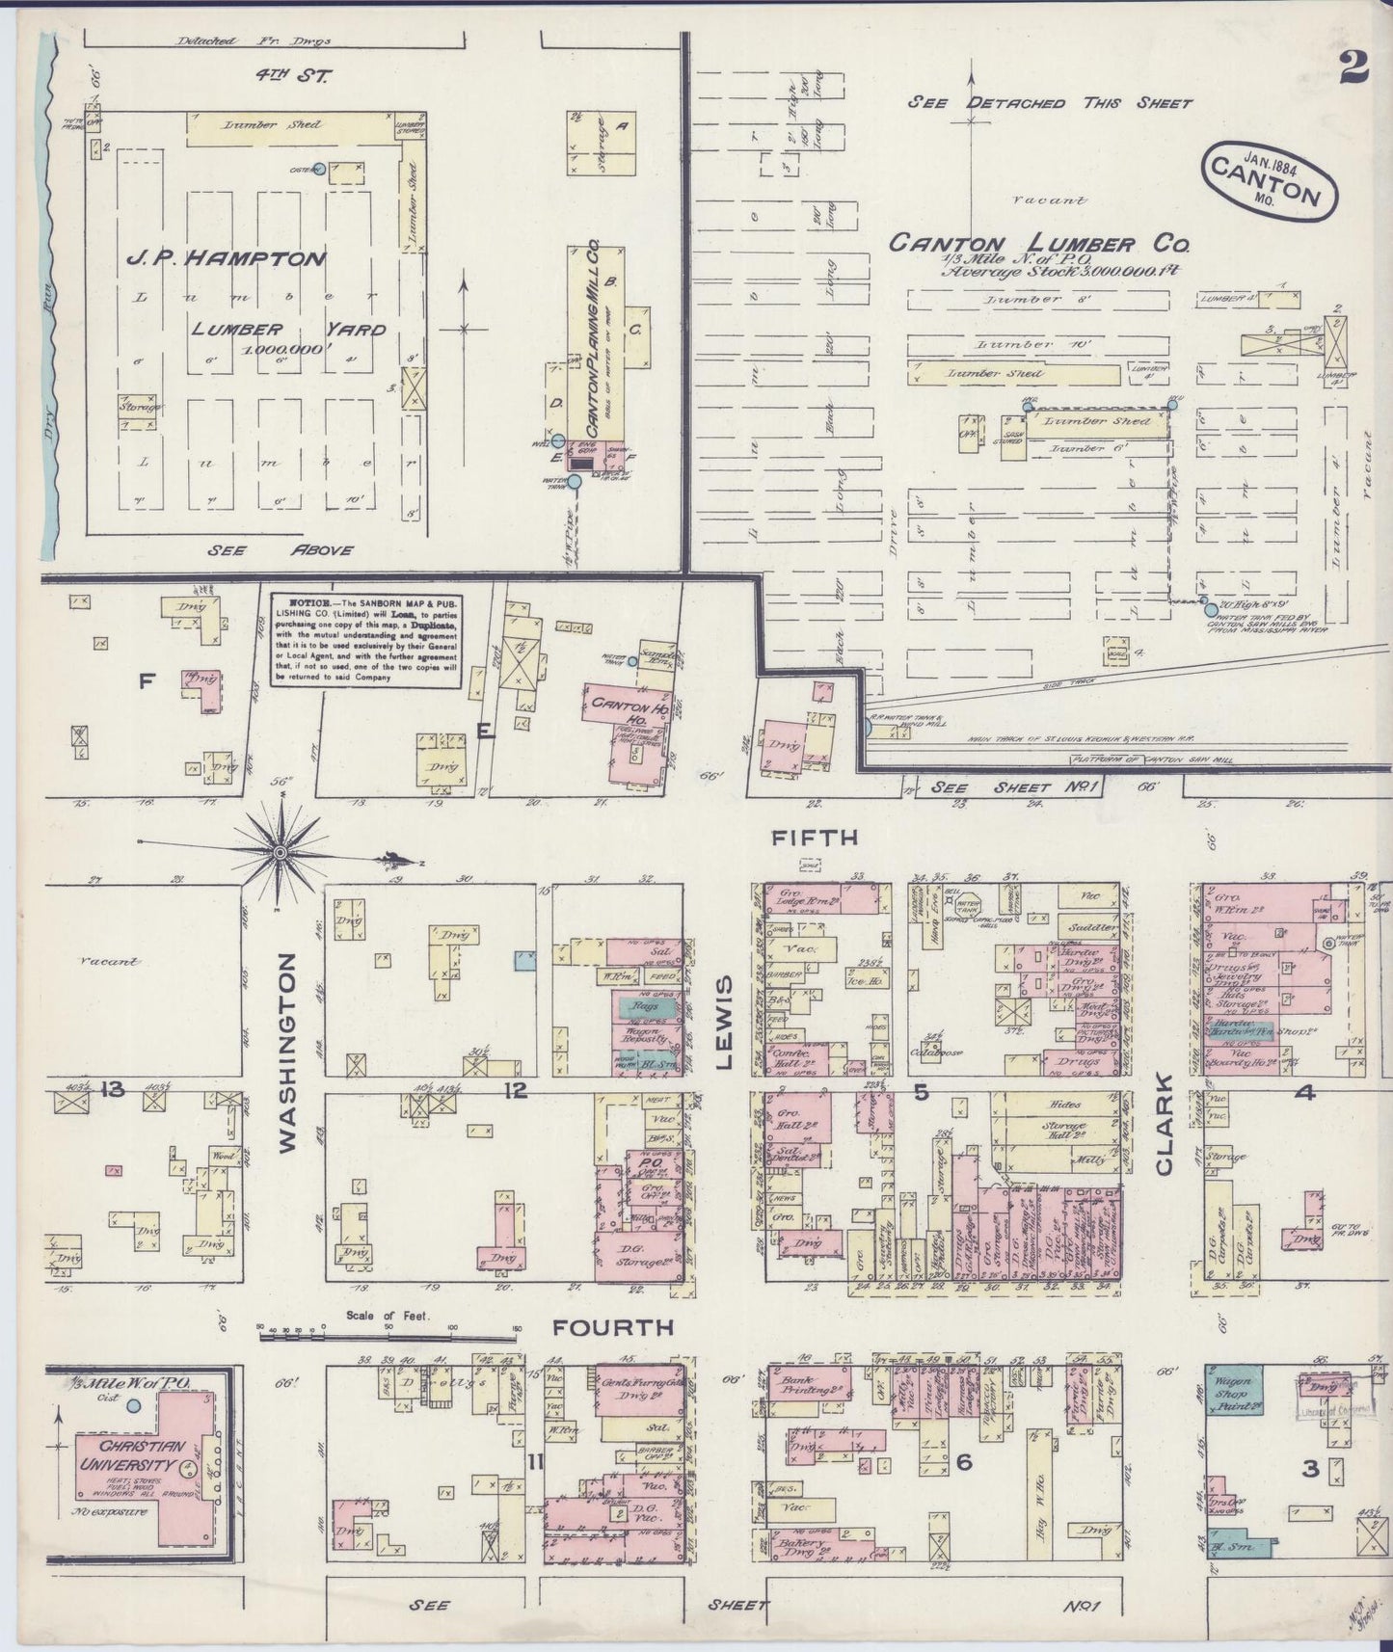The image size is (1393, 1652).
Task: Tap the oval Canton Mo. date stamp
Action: [x=1269, y=179]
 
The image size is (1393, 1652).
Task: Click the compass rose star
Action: [x=280, y=852]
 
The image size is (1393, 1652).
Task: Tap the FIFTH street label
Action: [x=814, y=838]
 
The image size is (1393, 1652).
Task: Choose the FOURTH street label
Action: [x=612, y=1327]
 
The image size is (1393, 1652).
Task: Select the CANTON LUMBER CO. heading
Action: [x=1038, y=243]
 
